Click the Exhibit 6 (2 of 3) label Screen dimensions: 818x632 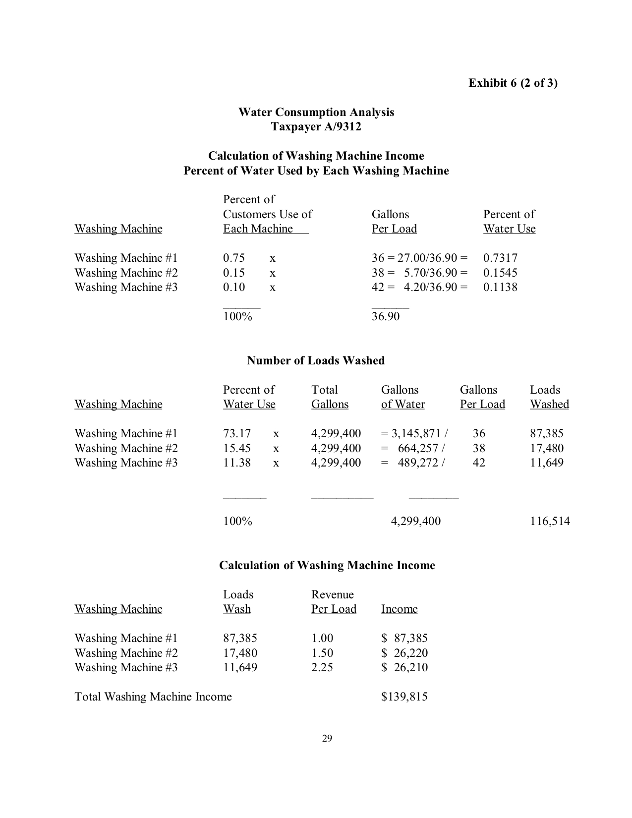513,83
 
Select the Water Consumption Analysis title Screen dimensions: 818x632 316,112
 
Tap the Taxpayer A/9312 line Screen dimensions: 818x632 316,127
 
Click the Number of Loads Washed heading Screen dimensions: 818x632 316,360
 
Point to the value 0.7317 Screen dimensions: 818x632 500,258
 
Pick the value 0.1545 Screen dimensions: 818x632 500,273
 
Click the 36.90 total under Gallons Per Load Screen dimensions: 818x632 386,316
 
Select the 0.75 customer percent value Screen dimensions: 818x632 234,258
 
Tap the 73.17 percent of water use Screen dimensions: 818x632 237,433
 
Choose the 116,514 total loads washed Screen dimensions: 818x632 550,521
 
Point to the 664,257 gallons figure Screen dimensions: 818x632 418,448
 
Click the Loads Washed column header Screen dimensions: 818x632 549,397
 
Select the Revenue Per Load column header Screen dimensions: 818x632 334,602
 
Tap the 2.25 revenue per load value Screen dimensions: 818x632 322,667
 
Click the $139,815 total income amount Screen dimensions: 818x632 404,697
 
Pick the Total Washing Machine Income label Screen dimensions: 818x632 153,697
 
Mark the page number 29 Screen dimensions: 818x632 327,739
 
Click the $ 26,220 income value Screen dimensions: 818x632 404,653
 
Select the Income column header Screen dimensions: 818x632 399,609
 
